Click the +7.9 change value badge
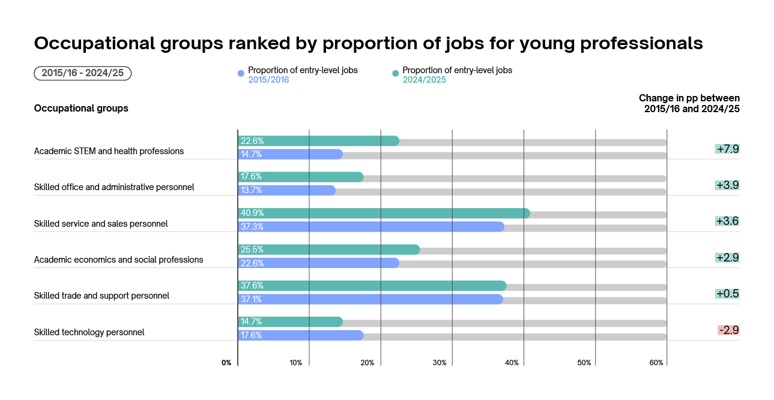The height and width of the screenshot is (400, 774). [x=727, y=149]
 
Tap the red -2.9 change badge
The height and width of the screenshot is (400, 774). [x=728, y=330]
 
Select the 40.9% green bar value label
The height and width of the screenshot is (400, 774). [x=252, y=213]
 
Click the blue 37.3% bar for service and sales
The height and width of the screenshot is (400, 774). [x=370, y=227]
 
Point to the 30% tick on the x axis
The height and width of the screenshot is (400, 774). [x=440, y=363]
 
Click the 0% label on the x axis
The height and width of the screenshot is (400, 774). [x=226, y=363]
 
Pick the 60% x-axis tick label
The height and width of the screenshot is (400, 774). [x=656, y=363]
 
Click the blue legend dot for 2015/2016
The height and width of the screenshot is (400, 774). [x=241, y=74]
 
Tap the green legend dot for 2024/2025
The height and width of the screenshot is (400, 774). [x=395, y=74]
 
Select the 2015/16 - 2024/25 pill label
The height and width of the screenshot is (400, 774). [x=82, y=73]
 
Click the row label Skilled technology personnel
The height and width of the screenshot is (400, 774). [x=89, y=332]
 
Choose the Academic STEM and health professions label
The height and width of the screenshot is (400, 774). [x=109, y=151]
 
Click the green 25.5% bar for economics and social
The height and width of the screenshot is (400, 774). [x=328, y=249]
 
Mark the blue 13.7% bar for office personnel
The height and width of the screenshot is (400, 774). [x=286, y=191]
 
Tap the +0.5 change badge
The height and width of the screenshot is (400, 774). [x=727, y=294]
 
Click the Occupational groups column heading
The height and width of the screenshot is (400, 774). [x=81, y=109]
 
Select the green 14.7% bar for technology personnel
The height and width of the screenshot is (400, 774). [x=290, y=322]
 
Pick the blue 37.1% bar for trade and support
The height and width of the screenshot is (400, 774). [x=370, y=299]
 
